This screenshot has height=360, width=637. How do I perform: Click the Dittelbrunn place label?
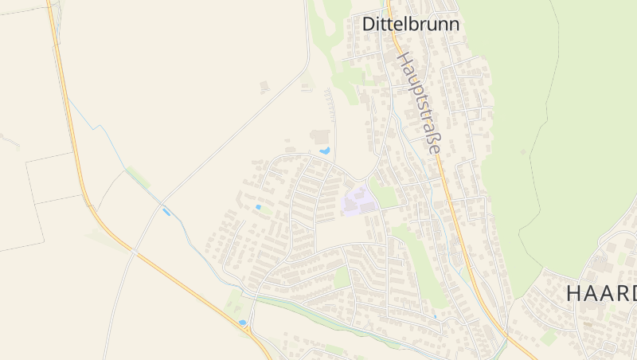(411, 24)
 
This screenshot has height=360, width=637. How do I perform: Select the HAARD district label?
(601, 293)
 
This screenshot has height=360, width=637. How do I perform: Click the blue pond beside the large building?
(324, 150)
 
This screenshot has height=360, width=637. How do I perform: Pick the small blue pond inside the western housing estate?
(258, 207)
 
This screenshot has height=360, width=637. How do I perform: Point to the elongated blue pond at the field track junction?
(166, 211)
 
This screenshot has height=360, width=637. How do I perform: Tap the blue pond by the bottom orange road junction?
(242, 323)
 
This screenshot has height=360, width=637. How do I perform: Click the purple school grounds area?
(358, 200)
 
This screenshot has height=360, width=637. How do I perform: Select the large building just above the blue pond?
(320, 136)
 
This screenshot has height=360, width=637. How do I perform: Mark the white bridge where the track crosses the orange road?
(135, 252)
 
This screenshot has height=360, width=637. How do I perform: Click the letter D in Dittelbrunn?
(369, 24)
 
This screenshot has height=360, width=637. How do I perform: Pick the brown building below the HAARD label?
(588, 324)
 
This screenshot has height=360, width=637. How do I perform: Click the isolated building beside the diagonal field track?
(264, 86)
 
